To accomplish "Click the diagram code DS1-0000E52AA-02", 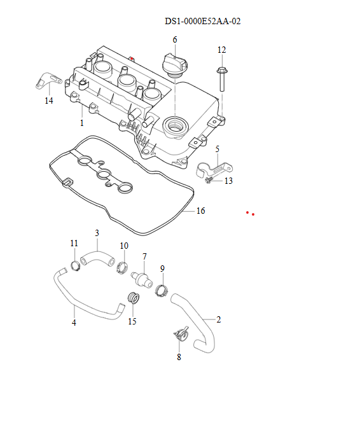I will click(202, 22).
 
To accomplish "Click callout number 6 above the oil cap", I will click(174, 40).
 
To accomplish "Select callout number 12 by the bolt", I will click(221, 50).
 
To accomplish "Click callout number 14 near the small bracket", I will click(49, 101).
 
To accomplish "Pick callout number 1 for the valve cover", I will click(81, 123).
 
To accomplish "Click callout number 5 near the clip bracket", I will click(217, 149).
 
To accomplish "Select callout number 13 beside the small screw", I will click(229, 181).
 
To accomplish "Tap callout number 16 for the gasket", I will click(201, 211).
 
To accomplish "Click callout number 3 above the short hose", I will click(97, 233).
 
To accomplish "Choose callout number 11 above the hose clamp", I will click(74, 244).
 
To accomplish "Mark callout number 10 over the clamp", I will click(124, 246).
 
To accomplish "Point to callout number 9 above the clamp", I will click(162, 269).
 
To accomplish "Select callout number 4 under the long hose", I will click(74, 323).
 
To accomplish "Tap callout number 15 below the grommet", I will click(132, 321).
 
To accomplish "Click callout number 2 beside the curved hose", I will click(219, 319).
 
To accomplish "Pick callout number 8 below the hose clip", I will click(179, 357).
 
